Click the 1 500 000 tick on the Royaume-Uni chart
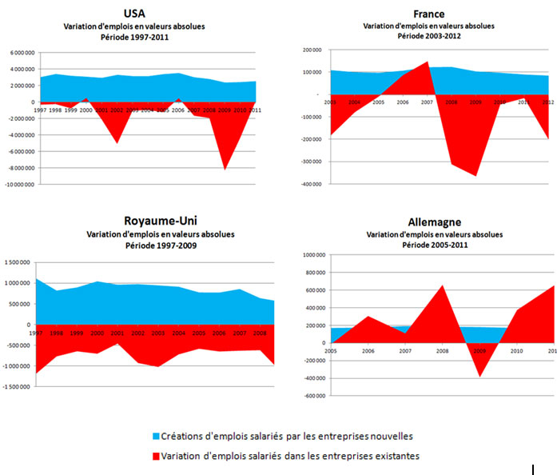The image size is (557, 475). pyautogui.click(x=19, y=262)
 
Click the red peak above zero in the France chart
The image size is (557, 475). pyautogui.click(x=427, y=62)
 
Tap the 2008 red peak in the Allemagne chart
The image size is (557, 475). pyautogui.click(x=442, y=285)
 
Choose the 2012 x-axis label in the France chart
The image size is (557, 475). pyautogui.click(x=547, y=102)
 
